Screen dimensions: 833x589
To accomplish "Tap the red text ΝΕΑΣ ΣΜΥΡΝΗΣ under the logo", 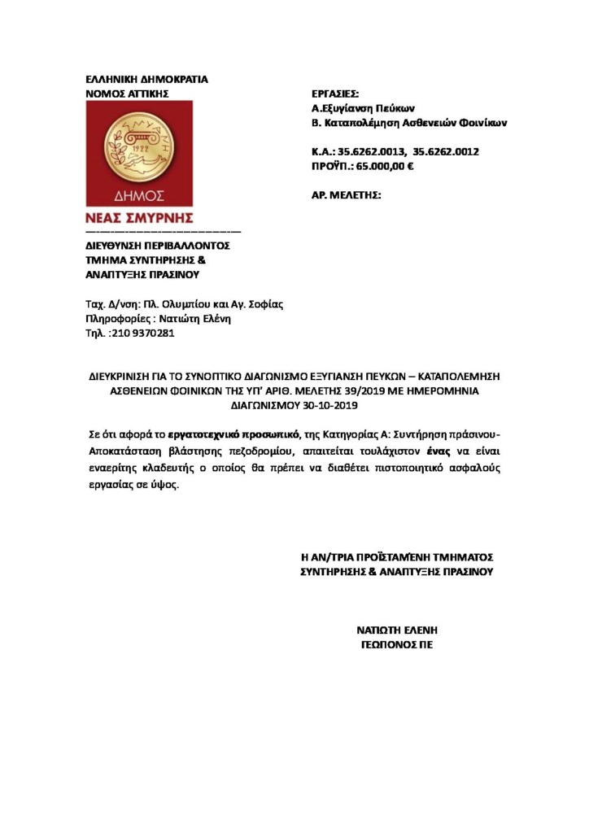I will click(x=139, y=217).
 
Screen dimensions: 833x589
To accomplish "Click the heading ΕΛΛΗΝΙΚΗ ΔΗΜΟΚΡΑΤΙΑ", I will click(x=147, y=80).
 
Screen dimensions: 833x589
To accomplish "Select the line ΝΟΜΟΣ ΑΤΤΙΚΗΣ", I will click(x=127, y=94).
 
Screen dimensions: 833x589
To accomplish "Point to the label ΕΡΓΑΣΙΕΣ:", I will click(x=335, y=94).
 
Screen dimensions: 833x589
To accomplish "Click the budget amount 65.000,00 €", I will click(x=385, y=167).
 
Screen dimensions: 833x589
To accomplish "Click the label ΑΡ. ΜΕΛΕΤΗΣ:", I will click(x=347, y=196).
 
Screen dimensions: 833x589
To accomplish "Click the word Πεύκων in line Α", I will click(x=397, y=107).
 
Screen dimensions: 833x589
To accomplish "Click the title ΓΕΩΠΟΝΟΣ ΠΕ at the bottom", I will click(x=397, y=643).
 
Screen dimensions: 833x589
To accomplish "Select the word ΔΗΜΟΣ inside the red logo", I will click(x=139, y=195).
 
